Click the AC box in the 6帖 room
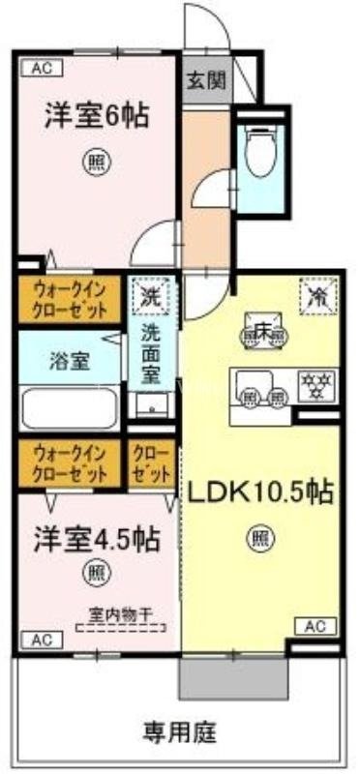tap(42, 68)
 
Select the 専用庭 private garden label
tap(180, 727)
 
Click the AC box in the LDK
tap(315, 625)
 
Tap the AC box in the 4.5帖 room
tap(42, 639)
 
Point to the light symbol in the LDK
tap(258, 532)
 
